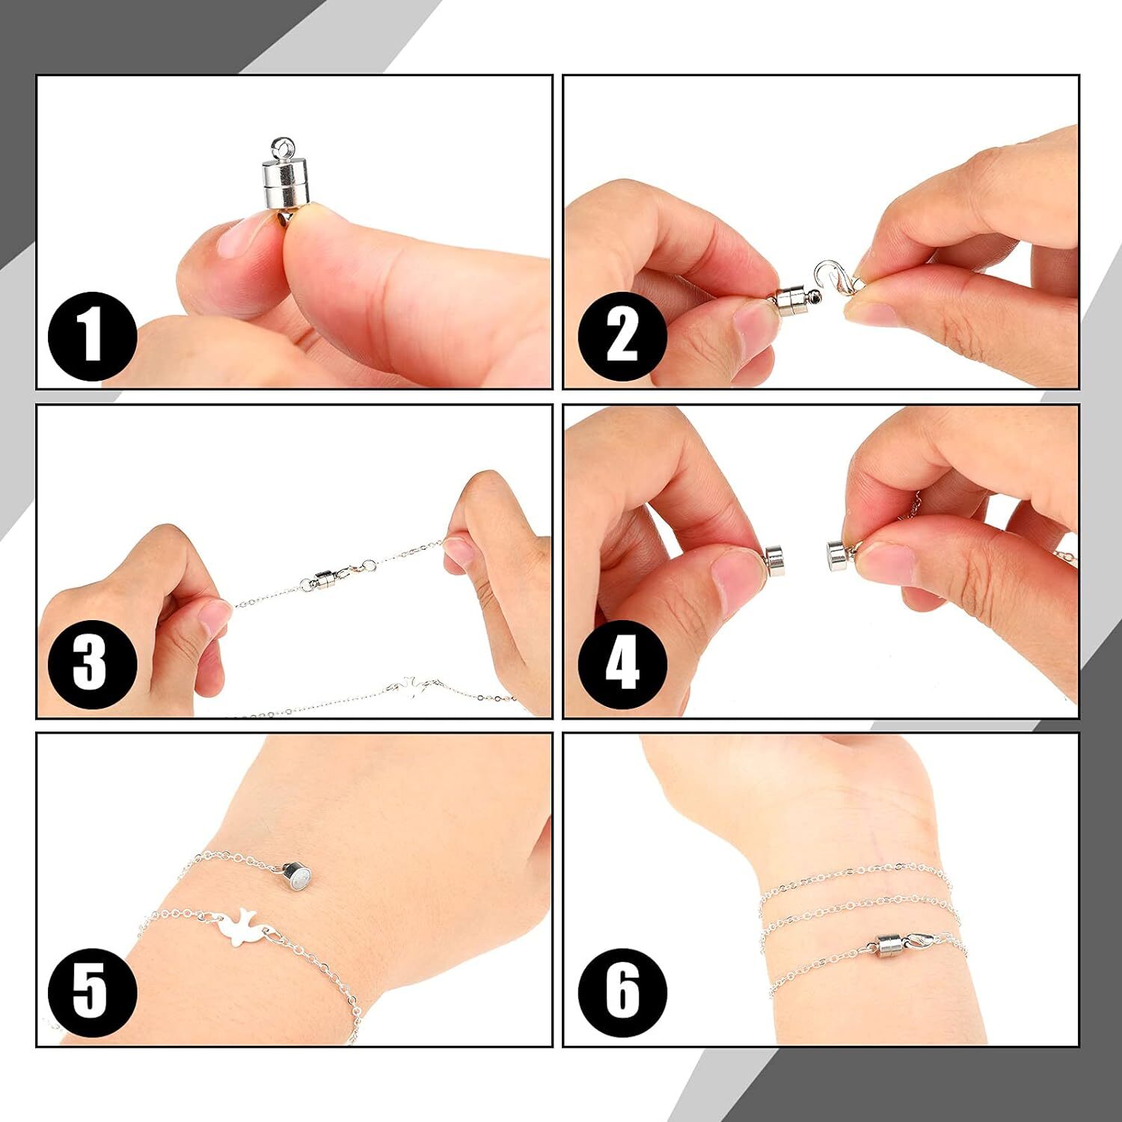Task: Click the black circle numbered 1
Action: (x=92, y=336)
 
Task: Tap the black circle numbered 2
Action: (x=621, y=336)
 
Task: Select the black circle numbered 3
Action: (x=92, y=664)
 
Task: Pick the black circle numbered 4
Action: (x=621, y=664)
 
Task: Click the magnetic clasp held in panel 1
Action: (x=284, y=180)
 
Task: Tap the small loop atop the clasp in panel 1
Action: (x=282, y=143)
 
